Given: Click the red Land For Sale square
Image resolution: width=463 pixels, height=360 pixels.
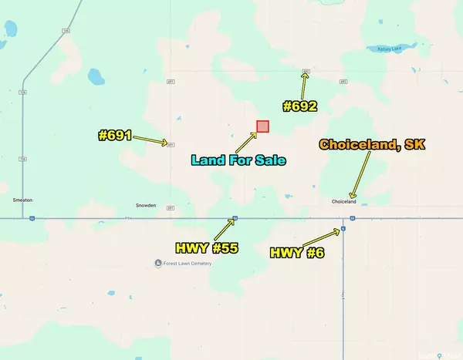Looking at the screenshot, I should point(262,126).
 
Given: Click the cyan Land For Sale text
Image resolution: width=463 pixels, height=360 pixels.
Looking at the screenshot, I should point(239,160).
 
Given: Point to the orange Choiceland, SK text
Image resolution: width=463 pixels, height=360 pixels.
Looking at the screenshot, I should point(372,144).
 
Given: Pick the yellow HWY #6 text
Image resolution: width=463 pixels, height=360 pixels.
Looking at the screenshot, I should point(297,252).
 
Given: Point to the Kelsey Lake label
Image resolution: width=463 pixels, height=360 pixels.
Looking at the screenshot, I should point(390,49).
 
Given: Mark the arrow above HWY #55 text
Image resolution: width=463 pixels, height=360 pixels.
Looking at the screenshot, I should point(227,228).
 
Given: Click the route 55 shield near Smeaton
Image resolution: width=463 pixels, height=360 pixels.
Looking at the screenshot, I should point(32,218).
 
